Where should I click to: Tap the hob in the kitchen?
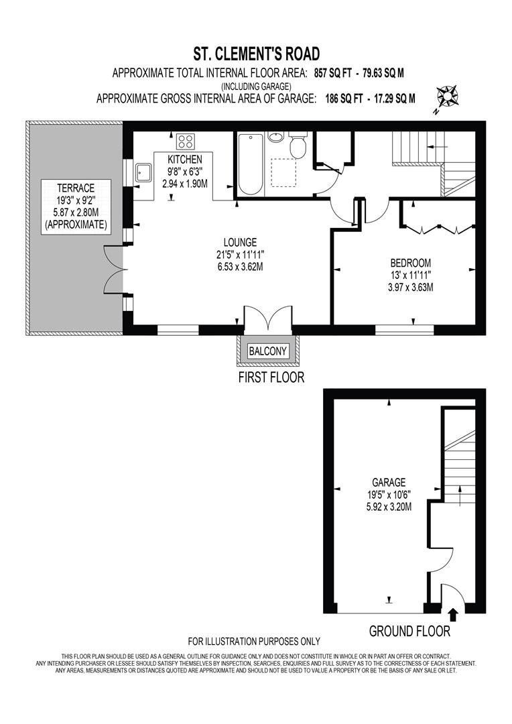coord(185,141)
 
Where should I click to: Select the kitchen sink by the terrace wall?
coord(143,173)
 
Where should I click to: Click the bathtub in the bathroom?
coord(252,164)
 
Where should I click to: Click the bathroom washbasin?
coord(275,137)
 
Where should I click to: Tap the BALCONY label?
coord(267,351)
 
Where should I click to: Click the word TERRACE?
coord(75,188)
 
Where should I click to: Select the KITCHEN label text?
coord(185,160)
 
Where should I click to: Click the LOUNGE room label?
coord(241,242)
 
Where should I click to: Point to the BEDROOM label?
coord(411,263)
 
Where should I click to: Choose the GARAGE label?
coord(389,482)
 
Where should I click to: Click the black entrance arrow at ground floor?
coord(453,613)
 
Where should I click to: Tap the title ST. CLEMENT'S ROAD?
coord(255,54)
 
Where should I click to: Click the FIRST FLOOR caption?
coord(271,377)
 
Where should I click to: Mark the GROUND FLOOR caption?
coord(409,631)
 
